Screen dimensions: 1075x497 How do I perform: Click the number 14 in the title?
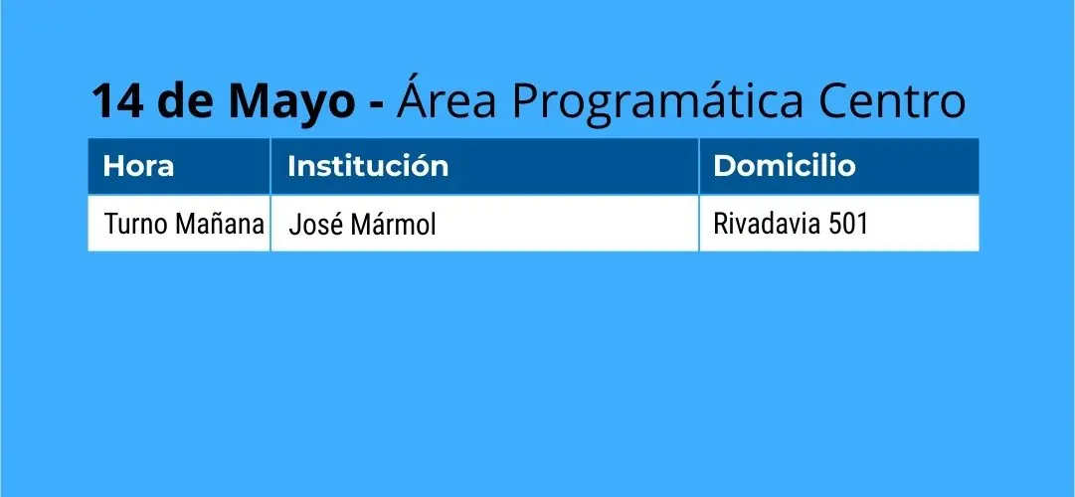(x=118, y=101)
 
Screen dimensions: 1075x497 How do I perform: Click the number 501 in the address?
(x=848, y=225)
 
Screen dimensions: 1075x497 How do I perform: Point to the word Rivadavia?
(x=767, y=224)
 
